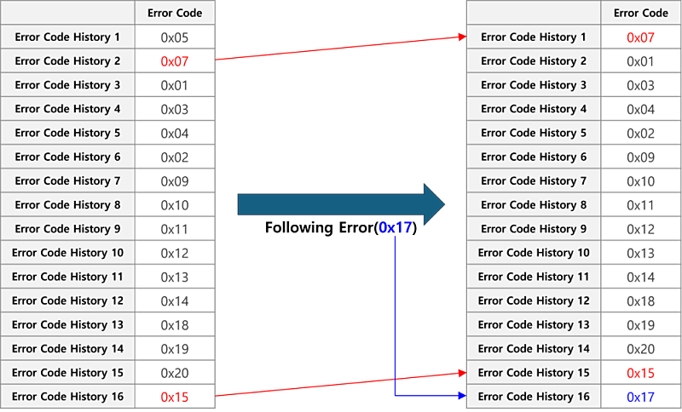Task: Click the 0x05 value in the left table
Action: click(175, 37)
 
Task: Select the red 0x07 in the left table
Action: click(175, 61)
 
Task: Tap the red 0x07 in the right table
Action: click(641, 37)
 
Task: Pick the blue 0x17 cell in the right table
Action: click(641, 397)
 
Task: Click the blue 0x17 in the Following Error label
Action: click(396, 227)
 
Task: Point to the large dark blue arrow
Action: click(341, 204)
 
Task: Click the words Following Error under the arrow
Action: click(319, 227)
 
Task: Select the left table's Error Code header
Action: click(175, 13)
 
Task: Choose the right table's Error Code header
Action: click(641, 13)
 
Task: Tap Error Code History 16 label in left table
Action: click(68, 397)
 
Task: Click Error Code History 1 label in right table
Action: click(534, 37)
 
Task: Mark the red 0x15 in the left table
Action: click(175, 397)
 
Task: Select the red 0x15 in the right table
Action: click(641, 373)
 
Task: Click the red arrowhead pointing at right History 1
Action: click(462, 37)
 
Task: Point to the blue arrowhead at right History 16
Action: click(462, 396)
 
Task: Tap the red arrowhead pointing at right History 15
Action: click(462, 373)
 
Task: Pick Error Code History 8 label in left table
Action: click(67, 204)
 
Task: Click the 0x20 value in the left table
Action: click(175, 373)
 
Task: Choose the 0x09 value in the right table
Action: click(641, 157)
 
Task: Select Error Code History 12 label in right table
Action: click(534, 300)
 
